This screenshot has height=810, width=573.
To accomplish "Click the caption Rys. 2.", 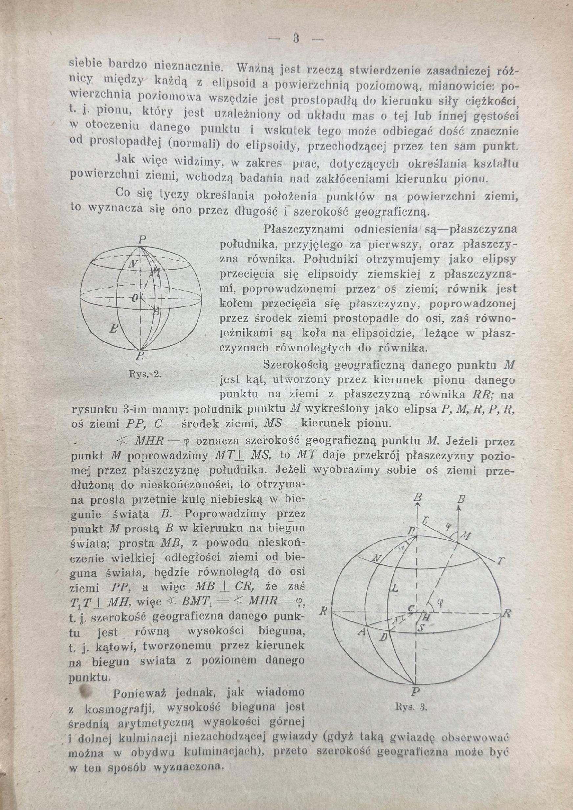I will [x=145, y=374].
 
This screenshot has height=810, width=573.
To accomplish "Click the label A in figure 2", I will [x=157, y=311].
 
